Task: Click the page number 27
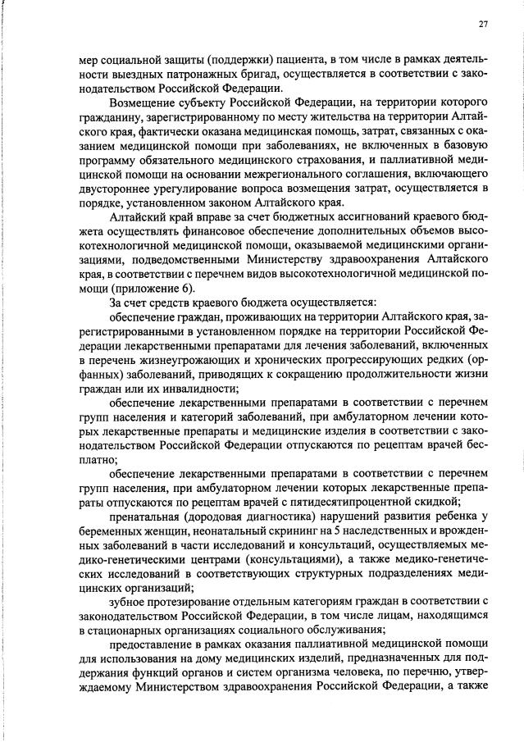(x=483, y=25)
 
